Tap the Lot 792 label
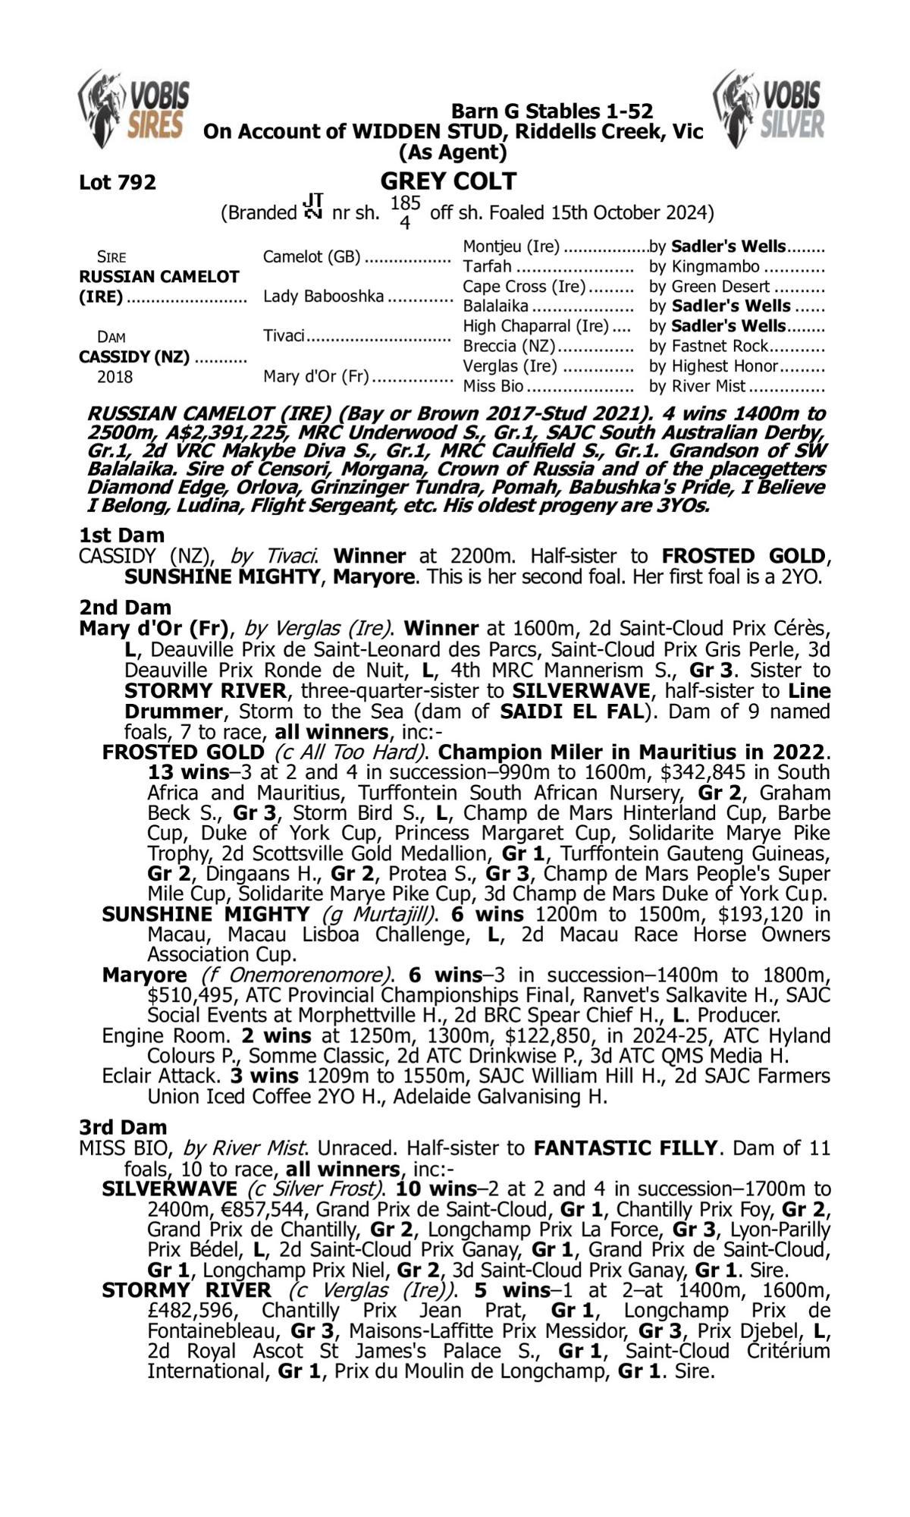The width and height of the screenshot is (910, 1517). pyautogui.click(x=118, y=183)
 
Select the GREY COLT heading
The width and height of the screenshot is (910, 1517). pyautogui.click(x=449, y=181)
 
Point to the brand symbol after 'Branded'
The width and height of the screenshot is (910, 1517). pyautogui.click(x=313, y=206)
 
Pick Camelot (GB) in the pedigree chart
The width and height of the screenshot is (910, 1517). pyautogui.click(x=312, y=257)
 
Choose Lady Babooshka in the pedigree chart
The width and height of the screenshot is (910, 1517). pyautogui.click(x=324, y=297)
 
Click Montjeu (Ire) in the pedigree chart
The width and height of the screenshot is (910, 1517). pyautogui.click(x=511, y=247)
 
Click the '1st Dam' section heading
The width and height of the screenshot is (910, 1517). pyautogui.click(x=121, y=536)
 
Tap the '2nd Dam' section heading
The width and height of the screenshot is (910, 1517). pyautogui.click(x=125, y=608)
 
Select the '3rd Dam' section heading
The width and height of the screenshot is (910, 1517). pyautogui.click(x=123, y=1128)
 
